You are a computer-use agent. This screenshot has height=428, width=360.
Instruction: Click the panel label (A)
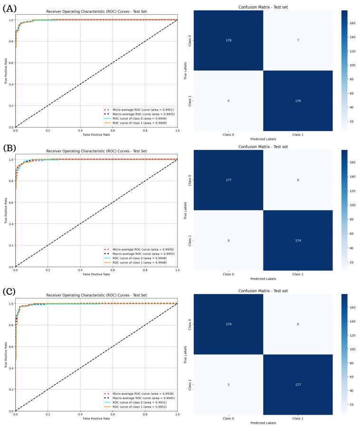point(9,8)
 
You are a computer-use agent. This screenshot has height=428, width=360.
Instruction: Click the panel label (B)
point(9,148)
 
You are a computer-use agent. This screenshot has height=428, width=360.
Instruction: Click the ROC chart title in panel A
point(96,11)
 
